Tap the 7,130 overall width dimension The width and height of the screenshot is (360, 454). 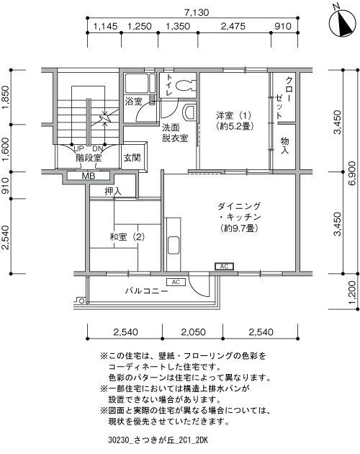coord(197,12)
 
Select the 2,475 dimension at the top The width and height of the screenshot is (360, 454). coord(233,27)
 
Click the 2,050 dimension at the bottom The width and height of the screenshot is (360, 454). coord(193,331)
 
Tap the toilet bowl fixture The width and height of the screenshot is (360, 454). coord(184,86)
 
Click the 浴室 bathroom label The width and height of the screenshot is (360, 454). coord(134,102)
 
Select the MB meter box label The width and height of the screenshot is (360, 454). coord(89,176)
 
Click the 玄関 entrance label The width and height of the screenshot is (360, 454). coord(132,158)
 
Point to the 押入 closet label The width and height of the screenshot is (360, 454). coord(113,192)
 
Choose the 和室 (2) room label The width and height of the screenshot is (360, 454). coord(127,237)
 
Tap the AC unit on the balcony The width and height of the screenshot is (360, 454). coord(176,282)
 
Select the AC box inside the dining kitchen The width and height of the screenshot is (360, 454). coord(224,266)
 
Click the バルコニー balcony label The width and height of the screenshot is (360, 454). coord(146,290)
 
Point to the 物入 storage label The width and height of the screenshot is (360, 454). coord(284,146)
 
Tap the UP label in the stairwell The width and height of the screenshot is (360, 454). coord(79,149)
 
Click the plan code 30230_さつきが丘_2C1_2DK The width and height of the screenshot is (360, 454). coord(158,440)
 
